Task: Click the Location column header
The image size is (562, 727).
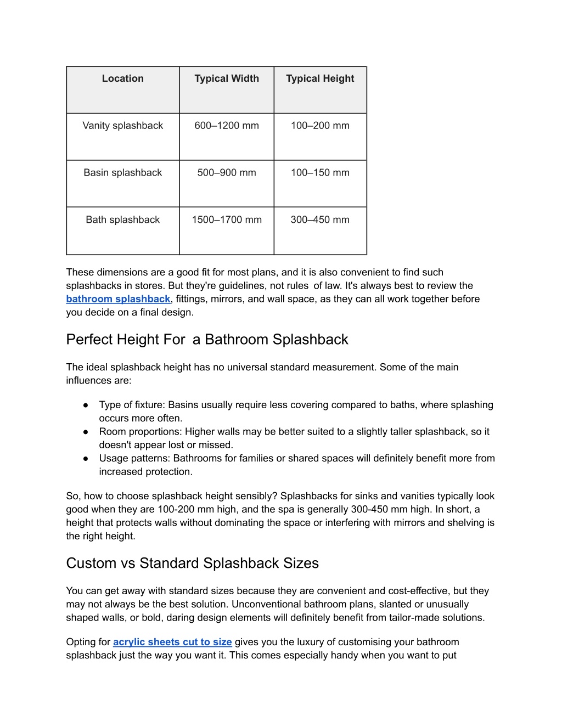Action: tap(122, 78)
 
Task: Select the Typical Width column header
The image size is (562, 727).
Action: tap(227, 78)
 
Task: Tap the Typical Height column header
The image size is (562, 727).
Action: tap(320, 78)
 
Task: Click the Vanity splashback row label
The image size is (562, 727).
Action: tap(122, 126)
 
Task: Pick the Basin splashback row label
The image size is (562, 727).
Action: tap(122, 173)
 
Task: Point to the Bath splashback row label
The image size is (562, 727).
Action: tap(122, 220)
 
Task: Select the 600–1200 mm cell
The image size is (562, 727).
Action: tap(227, 126)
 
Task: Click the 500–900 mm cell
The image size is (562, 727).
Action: tap(227, 173)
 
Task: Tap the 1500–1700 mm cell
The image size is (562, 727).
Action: tap(227, 220)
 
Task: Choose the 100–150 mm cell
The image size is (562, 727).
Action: tap(320, 173)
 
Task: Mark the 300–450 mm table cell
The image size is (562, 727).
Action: tap(320, 220)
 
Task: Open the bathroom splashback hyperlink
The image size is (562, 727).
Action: tap(118, 299)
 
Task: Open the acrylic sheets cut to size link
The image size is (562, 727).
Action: tap(172, 642)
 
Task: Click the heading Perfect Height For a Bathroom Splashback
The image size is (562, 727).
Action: tap(207, 340)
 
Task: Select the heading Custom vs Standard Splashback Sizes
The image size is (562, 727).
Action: tap(192, 563)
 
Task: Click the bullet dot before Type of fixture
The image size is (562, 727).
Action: tap(86, 405)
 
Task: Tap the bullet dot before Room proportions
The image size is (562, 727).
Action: tap(86, 432)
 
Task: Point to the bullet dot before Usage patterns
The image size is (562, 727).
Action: tap(86, 459)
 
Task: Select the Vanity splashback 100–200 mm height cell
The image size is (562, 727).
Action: tap(320, 126)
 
